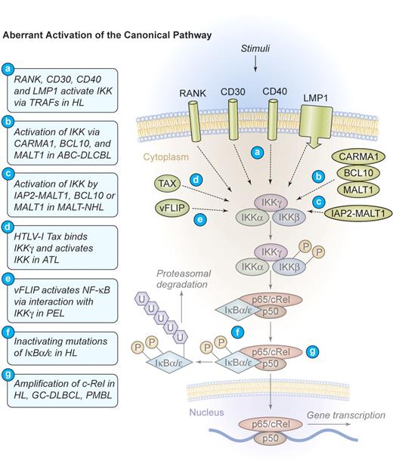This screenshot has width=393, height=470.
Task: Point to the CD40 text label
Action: click(273, 94)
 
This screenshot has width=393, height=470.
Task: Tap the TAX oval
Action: click(169, 183)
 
